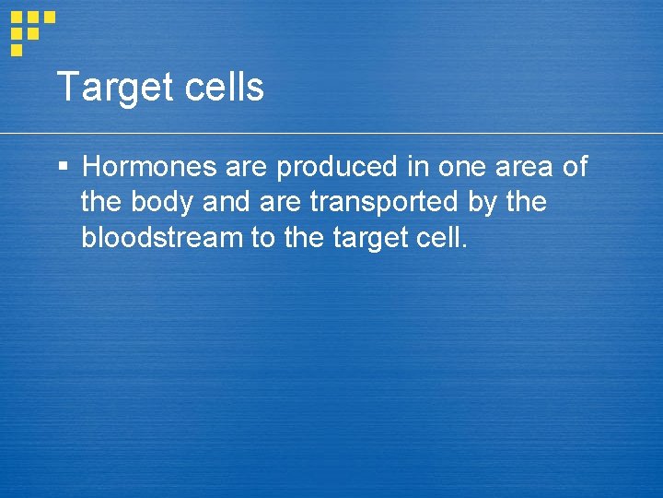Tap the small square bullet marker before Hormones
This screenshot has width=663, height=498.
pyautogui.click(x=63, y=167)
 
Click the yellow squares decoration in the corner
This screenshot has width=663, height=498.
pyautogui.click(x=30, y=30)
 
